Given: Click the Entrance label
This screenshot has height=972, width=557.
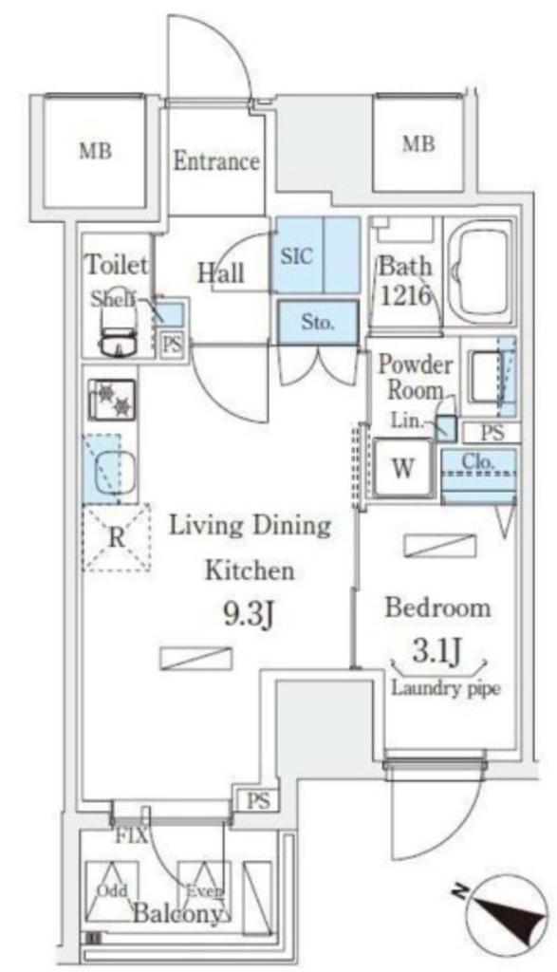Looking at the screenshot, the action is click(x=215, y=161).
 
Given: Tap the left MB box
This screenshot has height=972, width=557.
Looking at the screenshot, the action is click(x=96, y=152).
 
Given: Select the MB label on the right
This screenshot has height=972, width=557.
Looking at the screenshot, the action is click(x=418, y=144).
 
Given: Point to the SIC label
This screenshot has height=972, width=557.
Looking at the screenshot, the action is click(x=297, y=255).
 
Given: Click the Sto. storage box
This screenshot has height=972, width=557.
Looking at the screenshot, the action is click(x=318, y=323).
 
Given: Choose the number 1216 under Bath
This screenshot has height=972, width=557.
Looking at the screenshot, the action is click(x=405, y=296).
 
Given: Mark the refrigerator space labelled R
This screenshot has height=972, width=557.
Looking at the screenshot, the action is click(x=117, y=537).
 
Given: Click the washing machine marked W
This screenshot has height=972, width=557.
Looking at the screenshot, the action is click(x=402, y=468).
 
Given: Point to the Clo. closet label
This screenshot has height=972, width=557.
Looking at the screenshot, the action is click(x=478, y=461).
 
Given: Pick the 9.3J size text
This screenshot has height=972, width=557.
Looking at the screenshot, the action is click(x=249, y=615).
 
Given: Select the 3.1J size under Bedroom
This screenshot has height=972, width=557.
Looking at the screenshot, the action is click(x=436, y=651).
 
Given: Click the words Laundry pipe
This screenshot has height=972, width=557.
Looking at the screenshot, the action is click(x=445, y=688).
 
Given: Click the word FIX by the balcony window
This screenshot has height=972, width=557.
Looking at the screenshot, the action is click(x=131, y=836).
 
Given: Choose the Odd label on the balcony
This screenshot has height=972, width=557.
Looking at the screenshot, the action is click(x=112, y=890).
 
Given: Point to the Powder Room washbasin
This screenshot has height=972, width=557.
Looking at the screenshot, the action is click(x=487, y=376).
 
